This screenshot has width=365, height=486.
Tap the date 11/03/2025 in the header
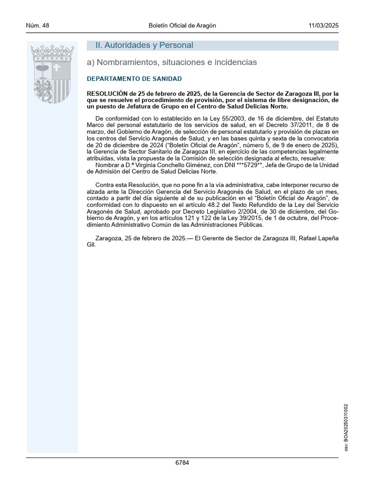(324, 26)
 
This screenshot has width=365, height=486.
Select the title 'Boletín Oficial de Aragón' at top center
(182, 26)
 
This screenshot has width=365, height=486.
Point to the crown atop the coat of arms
(52, 50)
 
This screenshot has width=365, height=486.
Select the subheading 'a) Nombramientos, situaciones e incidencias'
(172, 62)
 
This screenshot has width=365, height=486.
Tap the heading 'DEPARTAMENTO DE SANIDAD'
(134, 79)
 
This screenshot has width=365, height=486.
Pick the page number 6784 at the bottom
(182, 463)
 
